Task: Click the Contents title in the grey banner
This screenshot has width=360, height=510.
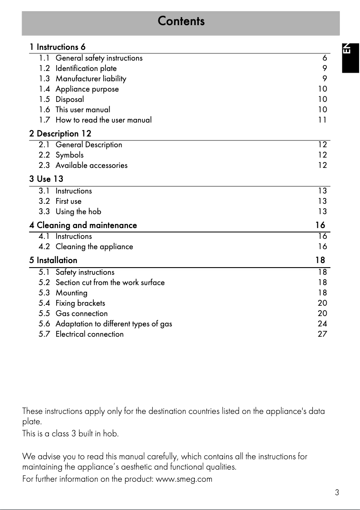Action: tap(181, 21)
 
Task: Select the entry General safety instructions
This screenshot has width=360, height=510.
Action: tap(99, 58)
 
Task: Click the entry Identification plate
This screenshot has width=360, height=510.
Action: tap(86, 68)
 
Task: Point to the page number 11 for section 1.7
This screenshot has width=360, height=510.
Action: tap(322, 120)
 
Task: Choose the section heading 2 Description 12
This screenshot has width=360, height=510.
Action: tap(60, 133)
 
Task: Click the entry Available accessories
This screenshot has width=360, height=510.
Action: tap(91, 165)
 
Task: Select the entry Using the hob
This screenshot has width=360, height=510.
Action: tap(78, 211)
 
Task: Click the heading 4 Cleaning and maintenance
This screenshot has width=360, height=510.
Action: tap(83, 225)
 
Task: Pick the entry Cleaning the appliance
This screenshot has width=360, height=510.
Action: tap(94, 246)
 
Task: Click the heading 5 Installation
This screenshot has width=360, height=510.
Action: tap(53, 260)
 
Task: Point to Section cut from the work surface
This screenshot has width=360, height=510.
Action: tap(110, 282)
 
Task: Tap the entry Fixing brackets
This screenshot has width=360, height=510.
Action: tap(80, 303)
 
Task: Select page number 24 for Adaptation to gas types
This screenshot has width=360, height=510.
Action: tap(322, 324)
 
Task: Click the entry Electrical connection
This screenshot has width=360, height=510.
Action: tap(89, 334)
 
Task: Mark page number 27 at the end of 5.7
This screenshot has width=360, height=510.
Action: tap(322, 334)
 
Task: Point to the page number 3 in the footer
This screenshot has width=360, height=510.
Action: tap(337, 492)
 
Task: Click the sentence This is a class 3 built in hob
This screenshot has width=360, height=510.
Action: tap(70, 434)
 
